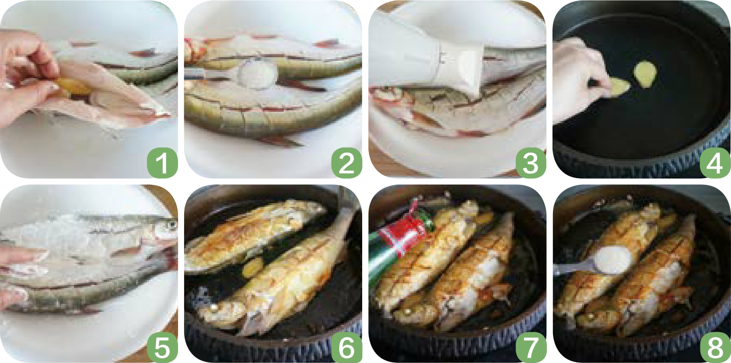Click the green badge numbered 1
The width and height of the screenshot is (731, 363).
pos(162,163)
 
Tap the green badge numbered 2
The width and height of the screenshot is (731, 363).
pos(346,163)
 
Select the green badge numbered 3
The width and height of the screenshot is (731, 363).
pos(531,163)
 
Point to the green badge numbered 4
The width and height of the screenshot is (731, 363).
pos(715,163)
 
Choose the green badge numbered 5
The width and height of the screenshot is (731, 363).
pos(162,347)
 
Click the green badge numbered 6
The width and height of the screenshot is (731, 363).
pos(346,347)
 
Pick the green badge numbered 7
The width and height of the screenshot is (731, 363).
pos(531,347)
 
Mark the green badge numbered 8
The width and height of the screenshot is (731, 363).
pos(715,347)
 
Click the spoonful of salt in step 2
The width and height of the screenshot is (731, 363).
pos(258,75)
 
